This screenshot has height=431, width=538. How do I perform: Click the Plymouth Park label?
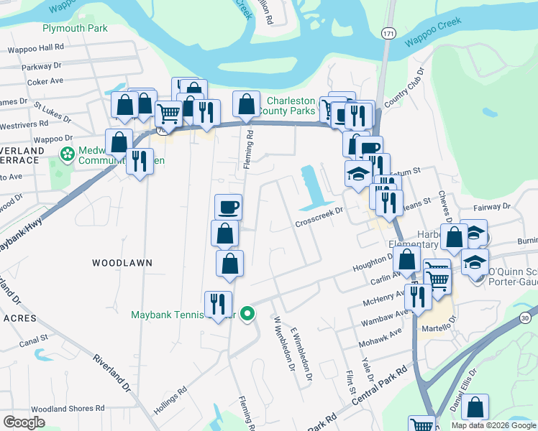[75, 29]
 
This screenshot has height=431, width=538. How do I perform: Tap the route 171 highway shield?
[388, 34]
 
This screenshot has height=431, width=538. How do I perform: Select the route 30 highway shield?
[525, 297]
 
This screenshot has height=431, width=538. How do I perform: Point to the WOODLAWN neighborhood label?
[122, 264]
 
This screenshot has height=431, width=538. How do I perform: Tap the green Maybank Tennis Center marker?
[247, 313]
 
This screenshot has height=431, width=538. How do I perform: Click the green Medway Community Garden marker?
[68, 154]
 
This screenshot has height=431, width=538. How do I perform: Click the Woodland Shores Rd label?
[63, 409]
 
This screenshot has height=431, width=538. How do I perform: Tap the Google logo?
[24, 422]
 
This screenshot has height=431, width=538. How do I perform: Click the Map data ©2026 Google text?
[493, 425]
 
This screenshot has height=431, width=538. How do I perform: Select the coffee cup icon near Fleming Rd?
[228, 207]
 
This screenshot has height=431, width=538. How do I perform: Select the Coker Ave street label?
[46, 82]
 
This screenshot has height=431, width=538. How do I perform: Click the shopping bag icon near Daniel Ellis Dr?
[475, 407]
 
